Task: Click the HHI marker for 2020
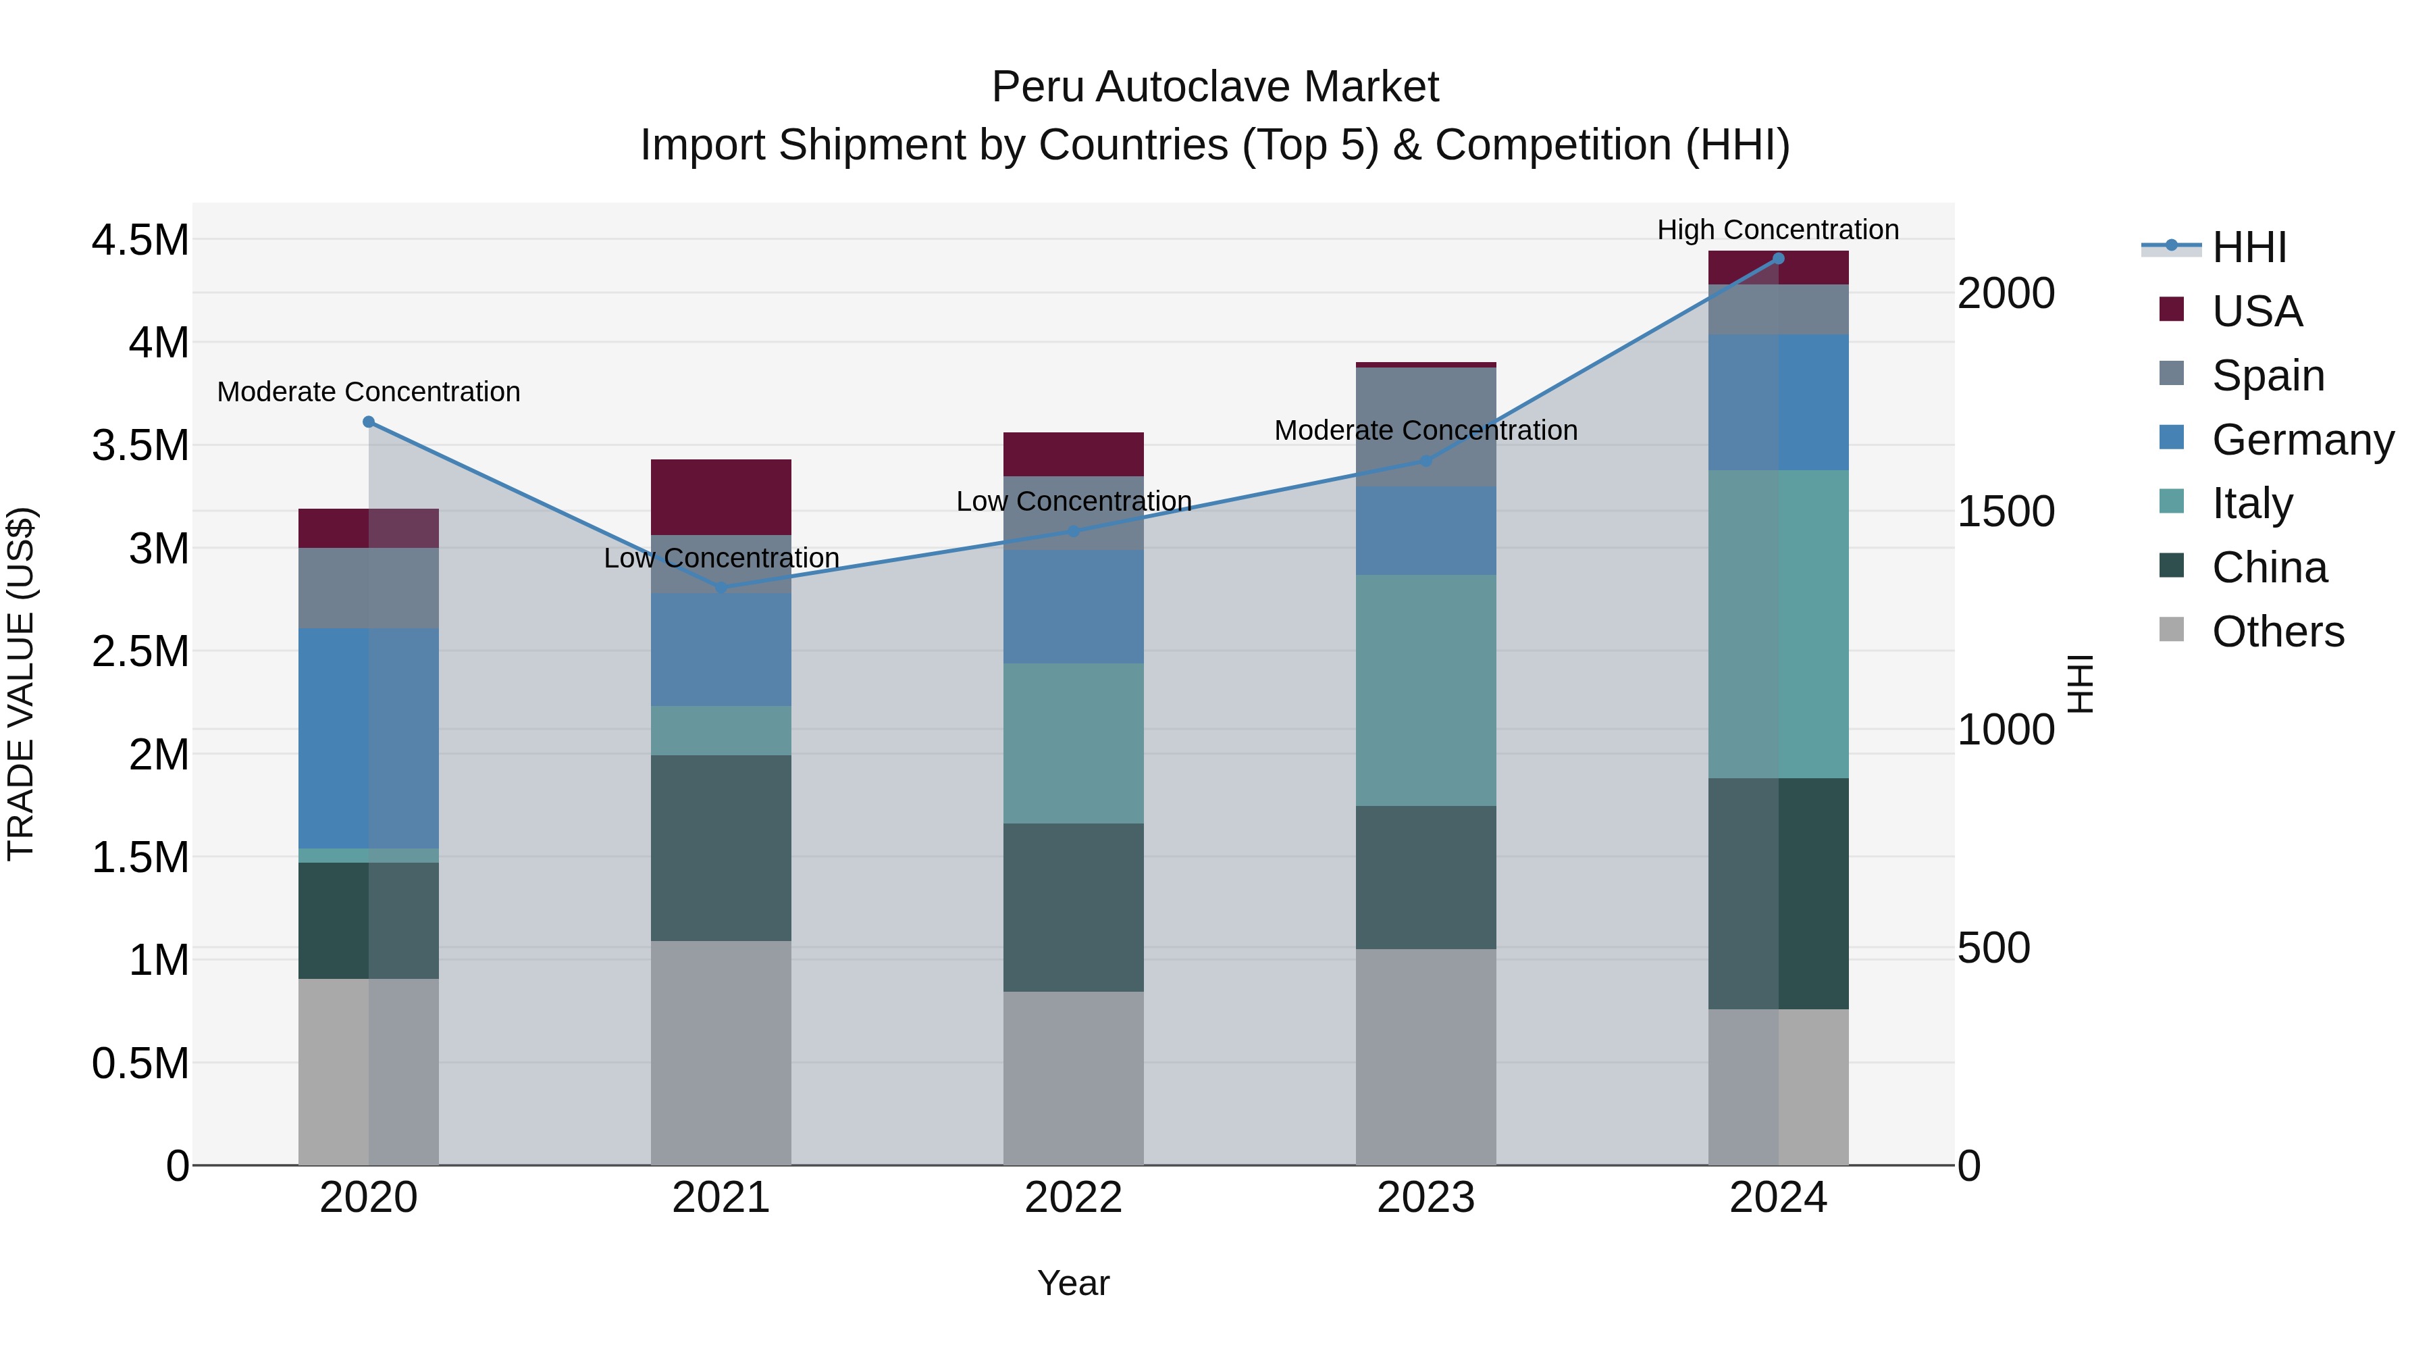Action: pyautogui.click(x=369, y=422)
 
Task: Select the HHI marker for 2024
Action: pyautogui.click(x=1778, y=258)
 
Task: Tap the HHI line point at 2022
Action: pyautogui.click(x=1073, y=530)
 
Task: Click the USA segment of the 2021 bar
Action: pyautogui.click(x=721, y=497)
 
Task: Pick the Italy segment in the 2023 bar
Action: pyautogui.click(x=1426, y=690)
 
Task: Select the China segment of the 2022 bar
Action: pyautogui.click(x=1073, y=907)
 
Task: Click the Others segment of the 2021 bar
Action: pyautogui.click(x=721, y=1052)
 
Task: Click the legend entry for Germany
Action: pyautogui.click(x=2302, y=440)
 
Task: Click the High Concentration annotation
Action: pyautogui.click(x=1778, y=230)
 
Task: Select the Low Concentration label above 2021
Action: pyautogui.click(x=721, y=558)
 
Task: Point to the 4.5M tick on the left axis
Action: pyautogui.click(x=140, y=240)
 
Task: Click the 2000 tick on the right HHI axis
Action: pyautogui.click(x=2006, y=294)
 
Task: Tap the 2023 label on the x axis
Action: pyautogui.click(x=1426, y=1198)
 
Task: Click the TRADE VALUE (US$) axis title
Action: pyautogui.click(x=21, y=684)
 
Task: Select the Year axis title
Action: pyautogui.click(x=1073, y=1283)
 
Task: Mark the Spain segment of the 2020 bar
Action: pyautogui.click(x=369, y=588)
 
